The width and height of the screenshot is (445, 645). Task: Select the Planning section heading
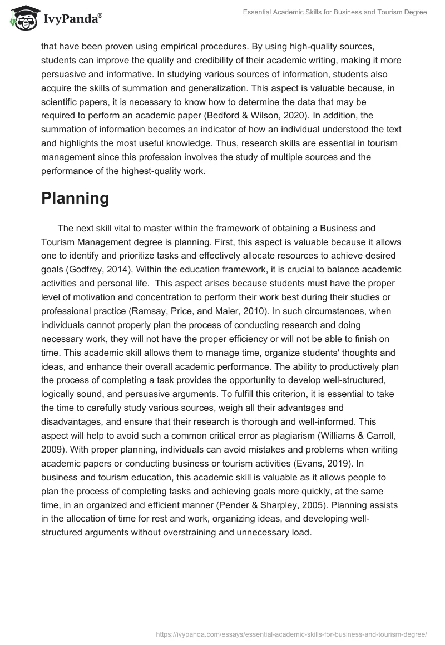tap(75, 199)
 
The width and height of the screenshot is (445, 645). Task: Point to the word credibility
tap(216, 60)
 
